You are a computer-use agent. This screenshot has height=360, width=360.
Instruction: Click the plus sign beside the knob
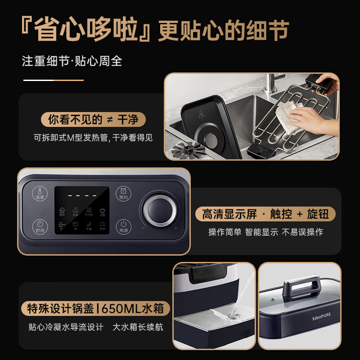point(176,228)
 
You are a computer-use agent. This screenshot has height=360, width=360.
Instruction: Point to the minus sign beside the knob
point(143,228)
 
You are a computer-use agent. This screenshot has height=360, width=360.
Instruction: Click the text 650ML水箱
point(135,309)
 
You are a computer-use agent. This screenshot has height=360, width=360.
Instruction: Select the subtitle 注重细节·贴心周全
point(72,61)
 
